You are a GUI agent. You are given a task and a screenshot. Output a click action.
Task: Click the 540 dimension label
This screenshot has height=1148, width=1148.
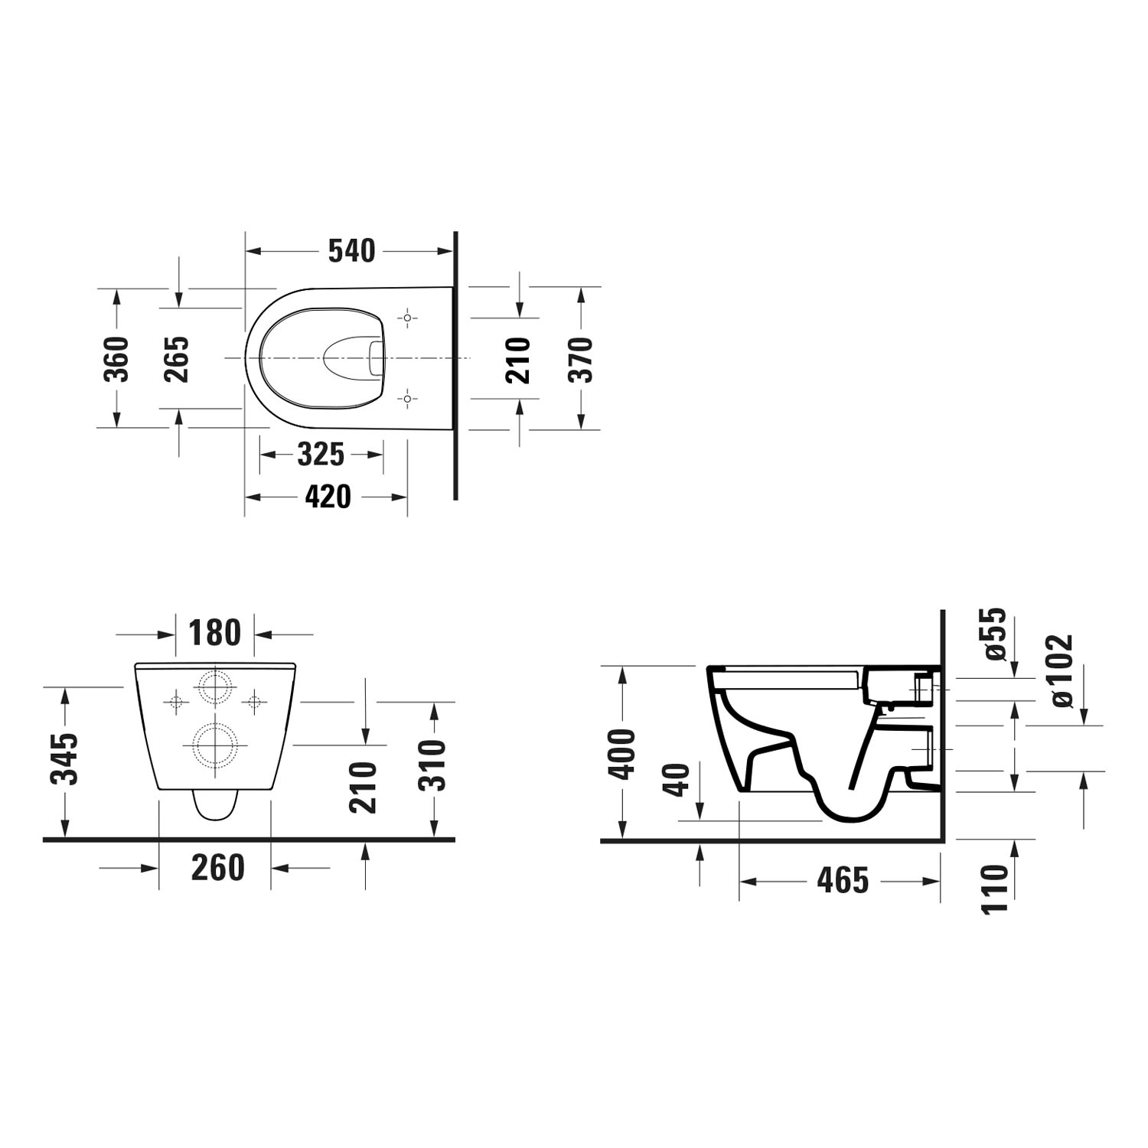(x=352, y=251)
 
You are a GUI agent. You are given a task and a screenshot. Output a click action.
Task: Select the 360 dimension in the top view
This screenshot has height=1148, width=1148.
(x=117, y=358)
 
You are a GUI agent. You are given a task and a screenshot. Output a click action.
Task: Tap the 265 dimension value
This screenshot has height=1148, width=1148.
(x=177, y=358)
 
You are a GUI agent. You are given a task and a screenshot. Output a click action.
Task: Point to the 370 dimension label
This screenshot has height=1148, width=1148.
(x=581, y=359)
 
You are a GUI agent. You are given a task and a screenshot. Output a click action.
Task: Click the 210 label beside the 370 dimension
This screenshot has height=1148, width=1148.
(x=519, y=360)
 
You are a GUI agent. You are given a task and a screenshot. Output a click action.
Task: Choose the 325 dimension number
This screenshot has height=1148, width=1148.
(x=321, y=455)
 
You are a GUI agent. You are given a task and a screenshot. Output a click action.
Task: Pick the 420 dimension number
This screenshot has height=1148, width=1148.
(x=328, y=497)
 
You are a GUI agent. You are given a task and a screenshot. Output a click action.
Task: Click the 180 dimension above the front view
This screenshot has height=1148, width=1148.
(x=215, y=633)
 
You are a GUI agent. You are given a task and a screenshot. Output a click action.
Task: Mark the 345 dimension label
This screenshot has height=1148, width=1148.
(x=65, y=759)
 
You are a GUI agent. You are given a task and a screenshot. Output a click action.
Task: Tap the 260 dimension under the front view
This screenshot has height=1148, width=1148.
(x=218, y=868)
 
